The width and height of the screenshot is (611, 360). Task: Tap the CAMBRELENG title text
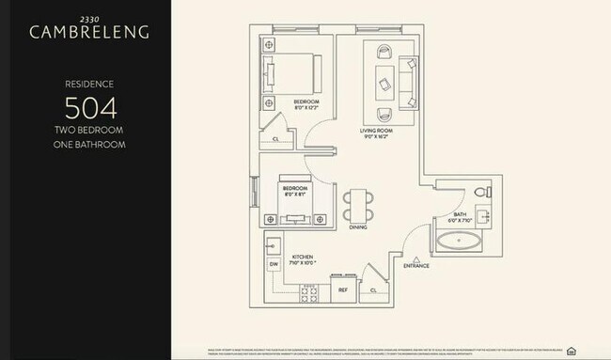(89, 32)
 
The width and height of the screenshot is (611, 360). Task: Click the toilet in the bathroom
(480, 193)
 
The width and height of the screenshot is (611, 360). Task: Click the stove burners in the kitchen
(310, 292)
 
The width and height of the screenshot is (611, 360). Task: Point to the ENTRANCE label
(415, 266)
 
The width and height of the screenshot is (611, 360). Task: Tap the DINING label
(357, 227)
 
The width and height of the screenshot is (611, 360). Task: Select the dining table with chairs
(357, 204)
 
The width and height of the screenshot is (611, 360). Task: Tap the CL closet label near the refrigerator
(373, 291)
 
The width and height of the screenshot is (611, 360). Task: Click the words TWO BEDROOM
(89, 132)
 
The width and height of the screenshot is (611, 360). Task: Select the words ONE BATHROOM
(89, 145)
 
